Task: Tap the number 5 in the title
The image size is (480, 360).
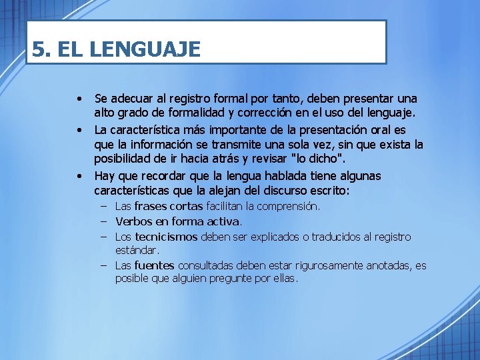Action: pyautogui.click(x=39, y=49)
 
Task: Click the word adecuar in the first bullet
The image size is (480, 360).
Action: pyautogui.click(x=133, y=99)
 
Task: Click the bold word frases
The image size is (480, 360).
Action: pyautogui.click(x=151, y=207)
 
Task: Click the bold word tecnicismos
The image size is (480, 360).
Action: pyautogui.click(x=166, y=237)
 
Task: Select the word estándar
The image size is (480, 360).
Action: pyautogui.click(x=137, y=251)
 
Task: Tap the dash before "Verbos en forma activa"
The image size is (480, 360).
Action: pyautogui.click(x=105, y=221)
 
